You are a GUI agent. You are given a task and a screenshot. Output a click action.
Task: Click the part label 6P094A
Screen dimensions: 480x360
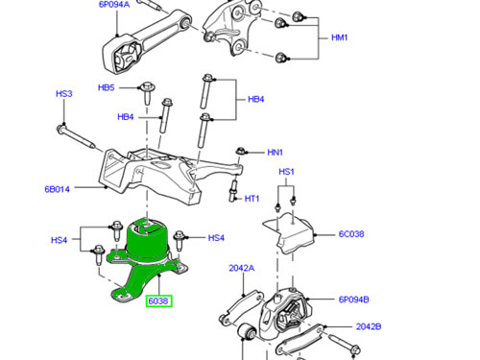coord(114,4)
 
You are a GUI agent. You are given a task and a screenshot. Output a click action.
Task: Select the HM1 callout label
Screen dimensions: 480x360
coord(339,37)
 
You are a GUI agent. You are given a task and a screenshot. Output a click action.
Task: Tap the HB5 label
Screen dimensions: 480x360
coord(106,87)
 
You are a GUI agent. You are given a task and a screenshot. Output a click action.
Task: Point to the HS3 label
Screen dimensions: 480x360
coord(64,93)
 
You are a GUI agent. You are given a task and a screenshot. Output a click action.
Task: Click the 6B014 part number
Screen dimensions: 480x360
coord(57,189)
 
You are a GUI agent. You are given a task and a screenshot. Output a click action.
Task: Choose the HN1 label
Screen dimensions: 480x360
coord(275,152)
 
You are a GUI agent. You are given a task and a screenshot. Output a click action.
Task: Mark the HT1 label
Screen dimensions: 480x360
coord(252,199)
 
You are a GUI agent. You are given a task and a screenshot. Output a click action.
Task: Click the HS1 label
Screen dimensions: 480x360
coord(286,172)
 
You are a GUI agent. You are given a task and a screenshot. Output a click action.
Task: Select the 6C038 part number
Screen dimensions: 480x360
coord(351,234)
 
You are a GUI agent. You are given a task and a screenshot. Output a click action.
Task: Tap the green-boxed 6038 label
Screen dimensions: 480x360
coord(159,300)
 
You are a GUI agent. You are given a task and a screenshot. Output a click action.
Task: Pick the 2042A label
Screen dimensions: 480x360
coord(242,268)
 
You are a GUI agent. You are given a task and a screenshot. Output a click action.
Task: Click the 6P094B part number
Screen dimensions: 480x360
coord(353,300)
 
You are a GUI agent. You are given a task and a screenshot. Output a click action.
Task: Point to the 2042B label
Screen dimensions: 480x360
coord(369,326)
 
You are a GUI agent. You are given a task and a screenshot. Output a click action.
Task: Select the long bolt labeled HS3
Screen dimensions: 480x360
coord(76,137)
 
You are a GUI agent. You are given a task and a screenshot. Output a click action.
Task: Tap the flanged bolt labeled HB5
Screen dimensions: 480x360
coord(147,93)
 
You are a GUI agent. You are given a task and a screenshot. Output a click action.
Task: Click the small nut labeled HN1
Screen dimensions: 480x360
coord(240,151)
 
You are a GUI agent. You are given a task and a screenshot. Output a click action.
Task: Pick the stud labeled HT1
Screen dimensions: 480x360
coord(233,191)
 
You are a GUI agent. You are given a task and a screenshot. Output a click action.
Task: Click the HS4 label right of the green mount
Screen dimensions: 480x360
coord(216,238)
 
